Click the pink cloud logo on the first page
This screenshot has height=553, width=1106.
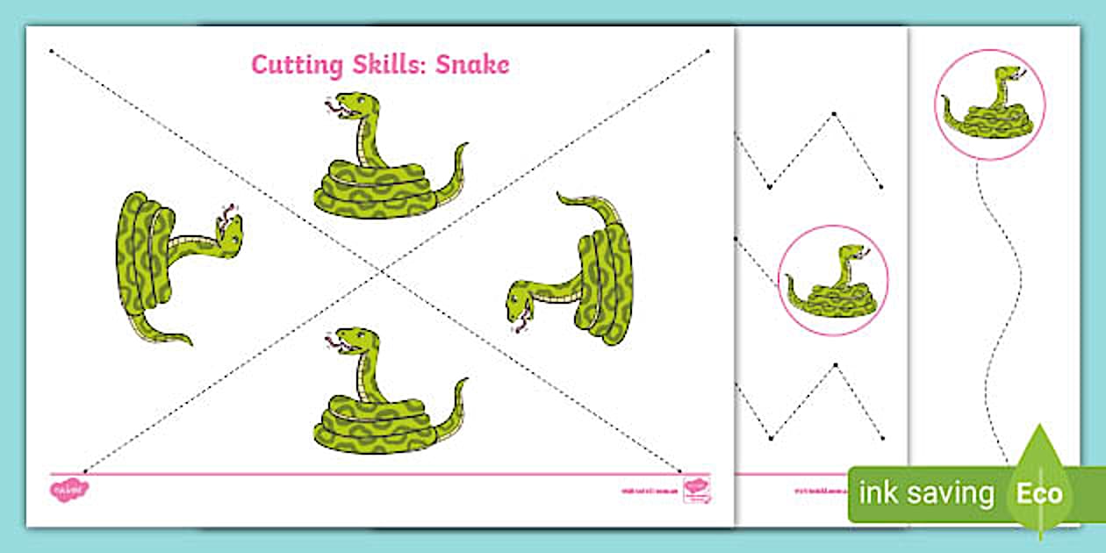tap(69, 487)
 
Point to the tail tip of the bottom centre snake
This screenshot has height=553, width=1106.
tap(464, 381)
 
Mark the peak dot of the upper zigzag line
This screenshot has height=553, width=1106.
tap(835, 112)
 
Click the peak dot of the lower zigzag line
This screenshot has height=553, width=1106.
tap(835, 364)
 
